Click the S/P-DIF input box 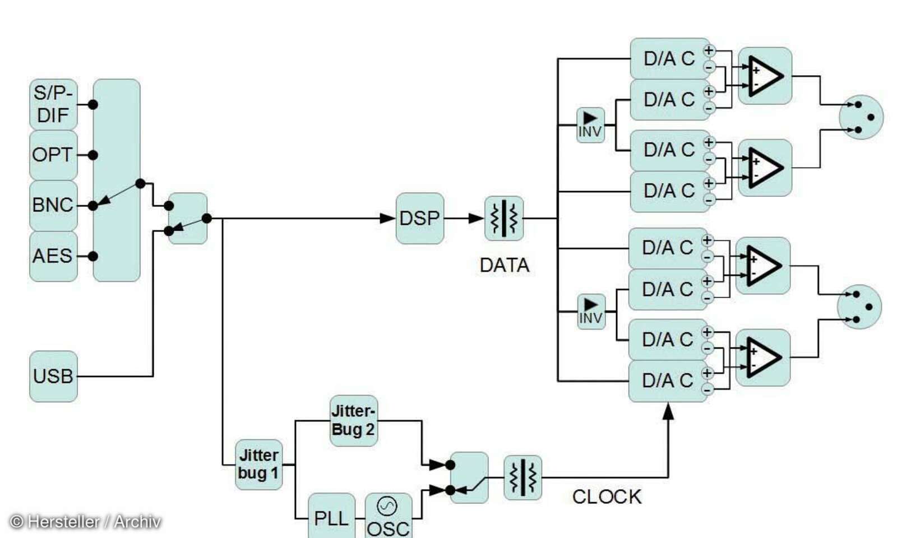[53, 104]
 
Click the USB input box [53, 376]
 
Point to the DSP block [419, 219]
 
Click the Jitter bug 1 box [258, 464]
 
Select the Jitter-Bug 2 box [353, 420]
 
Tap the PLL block [331, 517]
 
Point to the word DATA [504, 265]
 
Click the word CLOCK [607, 497]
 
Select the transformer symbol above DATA [504, 219]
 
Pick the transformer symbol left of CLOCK [523, 477]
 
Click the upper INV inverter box [590, 125]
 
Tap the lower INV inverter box [591, 312]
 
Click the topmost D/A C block [669, 58]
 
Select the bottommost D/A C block [667, 381]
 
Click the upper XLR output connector [861, 117]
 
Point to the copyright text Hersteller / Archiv [86, 522]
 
